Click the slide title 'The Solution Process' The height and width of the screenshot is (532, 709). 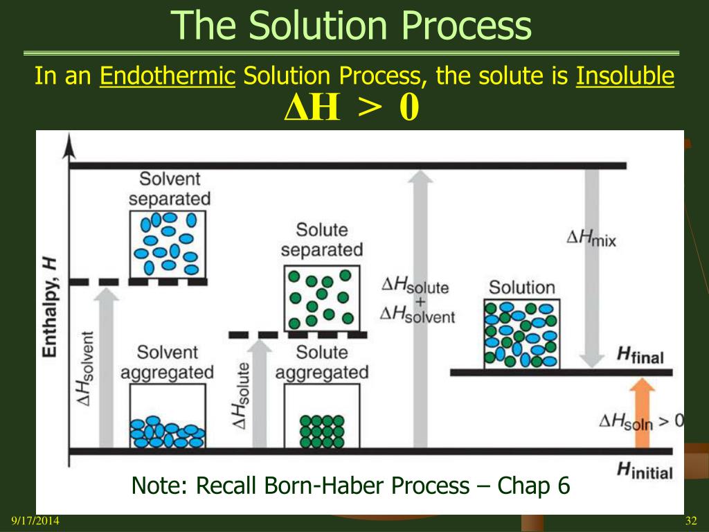(x=352, y=26)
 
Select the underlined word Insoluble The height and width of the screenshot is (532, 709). (x=625, y=76)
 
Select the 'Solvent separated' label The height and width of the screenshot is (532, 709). (x=170, y=188)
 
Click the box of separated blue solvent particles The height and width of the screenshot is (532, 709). (x=168, y=244)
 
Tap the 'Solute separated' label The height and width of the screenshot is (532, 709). (x=321, y=240)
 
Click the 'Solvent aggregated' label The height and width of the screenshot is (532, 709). (x=167, y=363)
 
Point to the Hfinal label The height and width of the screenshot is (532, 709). (x=640, y=357)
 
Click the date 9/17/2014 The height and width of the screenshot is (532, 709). (x=35, y=520)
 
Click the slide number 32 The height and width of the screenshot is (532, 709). (x=690, y=520)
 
